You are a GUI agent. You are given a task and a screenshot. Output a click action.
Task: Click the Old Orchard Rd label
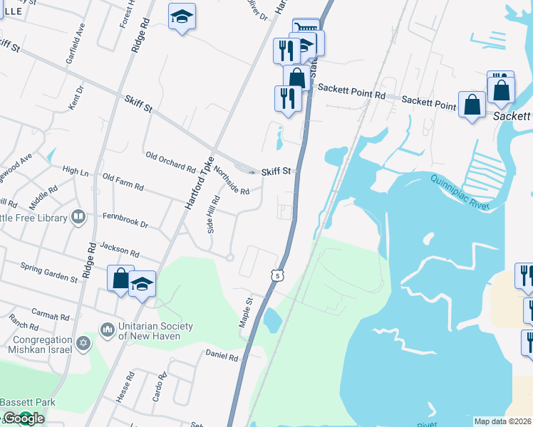point(170,162)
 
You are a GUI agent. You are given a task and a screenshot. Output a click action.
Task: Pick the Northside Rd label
point(232,181)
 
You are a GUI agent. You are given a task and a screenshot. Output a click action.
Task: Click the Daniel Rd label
point(221,354)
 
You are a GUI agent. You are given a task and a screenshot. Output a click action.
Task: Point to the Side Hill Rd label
point(212,215)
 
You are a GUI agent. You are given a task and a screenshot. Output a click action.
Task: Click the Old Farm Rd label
point(123,181)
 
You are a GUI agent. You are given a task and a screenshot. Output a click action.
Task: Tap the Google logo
point(23,418)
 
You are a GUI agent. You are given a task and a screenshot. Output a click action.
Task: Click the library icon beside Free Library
point(78,218)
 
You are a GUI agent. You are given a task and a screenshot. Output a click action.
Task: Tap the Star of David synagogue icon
point(84,344)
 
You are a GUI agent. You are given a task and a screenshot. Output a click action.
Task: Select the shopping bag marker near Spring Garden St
point(120,278)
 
